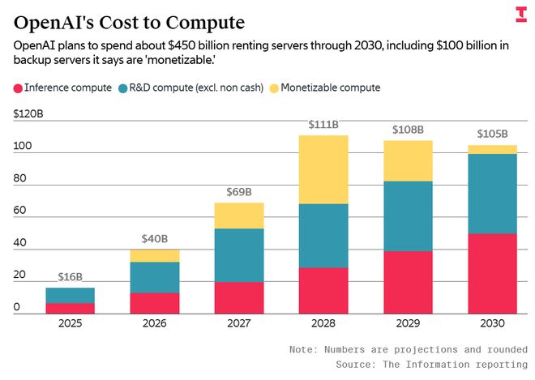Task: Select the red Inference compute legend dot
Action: click(x=18, y=88)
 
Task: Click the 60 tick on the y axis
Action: click(x=20, y=211)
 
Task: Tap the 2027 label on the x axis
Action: click(x=239, y=323)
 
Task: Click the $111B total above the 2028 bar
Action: click(x=324, y=125)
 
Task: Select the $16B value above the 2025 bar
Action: click(x=70, y=277)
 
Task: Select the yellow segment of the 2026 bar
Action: click(x=155, y=255)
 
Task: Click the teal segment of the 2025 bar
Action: click(x=70, y=295)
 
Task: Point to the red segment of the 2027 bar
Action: click(x=239, y=297)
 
